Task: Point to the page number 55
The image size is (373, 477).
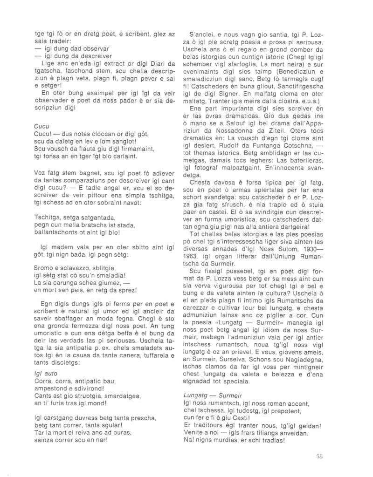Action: click(x=319, y=457)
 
